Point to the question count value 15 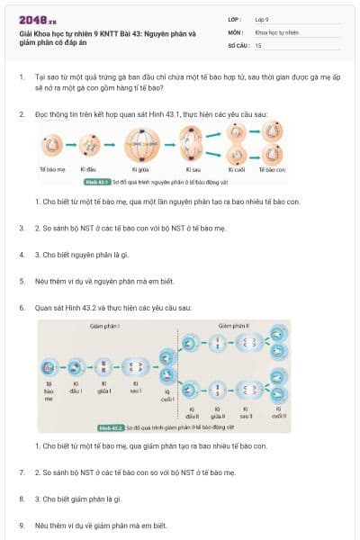coord(258,44)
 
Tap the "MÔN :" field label coord(236,31)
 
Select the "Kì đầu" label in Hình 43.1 coord(89,168)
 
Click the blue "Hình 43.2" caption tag coord(112,428)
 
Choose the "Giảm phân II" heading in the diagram coord(233,326)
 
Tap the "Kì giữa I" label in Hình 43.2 coord(105,389)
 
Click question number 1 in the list coord(22,78)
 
